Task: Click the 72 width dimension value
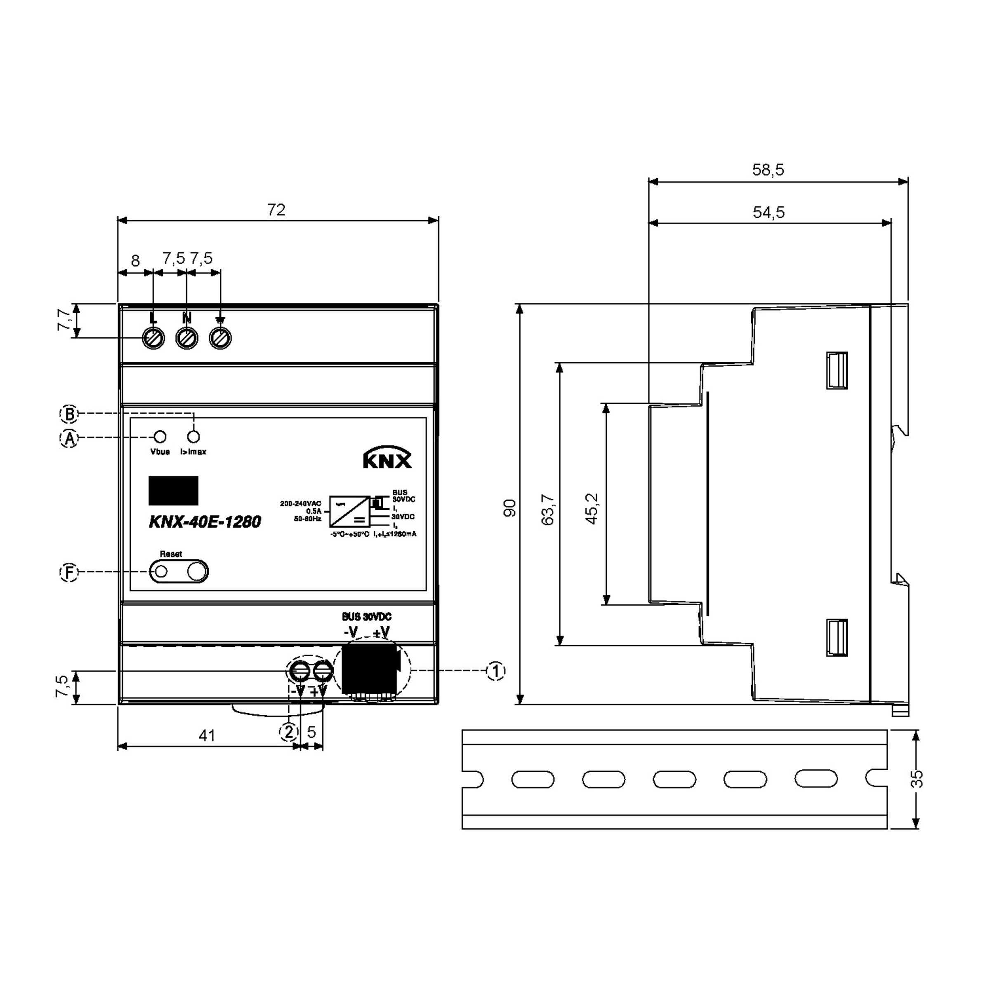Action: pyautogui.click(x=276, y=210)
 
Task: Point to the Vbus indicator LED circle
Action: pyautogui.click(x=160, y=436)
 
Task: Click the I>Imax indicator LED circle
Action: pyautogui.click(x=194, y=436)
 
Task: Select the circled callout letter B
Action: pyautogui.click(x=69, y=413)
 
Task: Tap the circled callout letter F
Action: pyautogui.click(x=69, y=573)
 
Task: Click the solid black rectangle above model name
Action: pyautogui.click(x=173, y=490)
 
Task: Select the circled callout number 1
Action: pyautogui.click(x=495, y=671)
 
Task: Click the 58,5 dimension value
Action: pyautogui.click(x=768, y=170)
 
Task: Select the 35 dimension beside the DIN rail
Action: pyautogui.click(x=918, y=779)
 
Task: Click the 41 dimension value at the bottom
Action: pyautogui.click(x=207, y=736)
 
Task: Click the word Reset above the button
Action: pyautogui.click(x=171, y=554)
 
